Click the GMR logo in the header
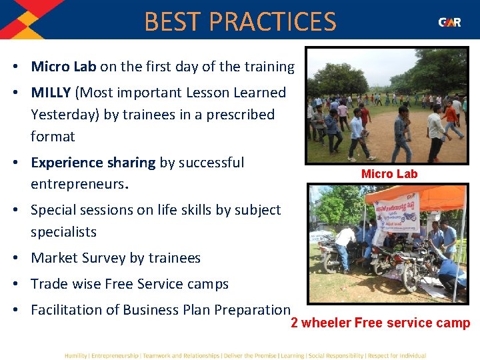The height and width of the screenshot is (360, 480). [449, 22]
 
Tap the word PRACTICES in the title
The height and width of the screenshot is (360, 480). [273, 22]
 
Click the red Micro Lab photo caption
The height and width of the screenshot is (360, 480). [389, 174]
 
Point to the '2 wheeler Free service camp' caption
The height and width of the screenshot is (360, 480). [380, 323]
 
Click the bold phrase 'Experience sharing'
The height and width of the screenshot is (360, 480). [92, 163]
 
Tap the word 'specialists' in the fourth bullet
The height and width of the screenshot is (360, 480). [63, 232]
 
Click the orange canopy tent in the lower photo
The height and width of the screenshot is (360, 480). [427, 194]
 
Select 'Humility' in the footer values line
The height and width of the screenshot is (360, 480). [77, 355]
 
